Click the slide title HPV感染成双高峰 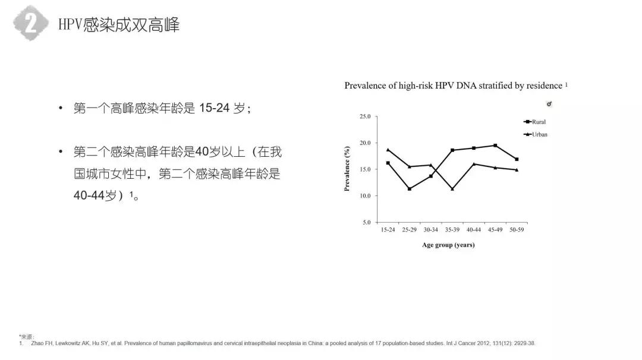tap(119, 24)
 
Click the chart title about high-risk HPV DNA tap(453, 86)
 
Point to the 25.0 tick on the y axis tap(364, 116)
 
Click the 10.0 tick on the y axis tap(364, 196)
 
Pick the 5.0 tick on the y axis tap(366, 222)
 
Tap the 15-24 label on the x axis tap(388, 230)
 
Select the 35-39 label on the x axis tap(452, 230)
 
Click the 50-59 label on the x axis tap(517, 230)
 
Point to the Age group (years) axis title tap(448, 245)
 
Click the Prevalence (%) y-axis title tap(347, 169)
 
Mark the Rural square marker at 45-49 tap(495, 146)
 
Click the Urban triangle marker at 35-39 tap(452, 189)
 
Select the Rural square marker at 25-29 tap(410, 189)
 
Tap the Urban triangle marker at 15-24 tap(388, 150)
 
